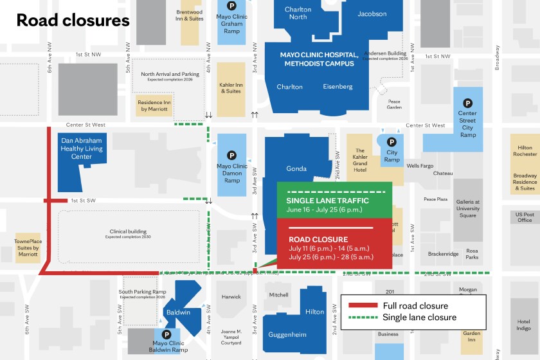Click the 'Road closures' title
(x=73, y=20)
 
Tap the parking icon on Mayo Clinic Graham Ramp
(x=231, y=6)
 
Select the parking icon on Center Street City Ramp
(x=468, y=103)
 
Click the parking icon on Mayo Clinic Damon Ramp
(x=231, y=155)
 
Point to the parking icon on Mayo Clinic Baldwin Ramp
(x=166, y=334)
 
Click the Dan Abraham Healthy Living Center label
(x=82, y=148)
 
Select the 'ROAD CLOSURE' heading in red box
(x=318, y=239)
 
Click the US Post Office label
(x=525, y=217)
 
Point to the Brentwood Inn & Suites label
(x=190, y=15)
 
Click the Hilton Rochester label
(x=525, y=150)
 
